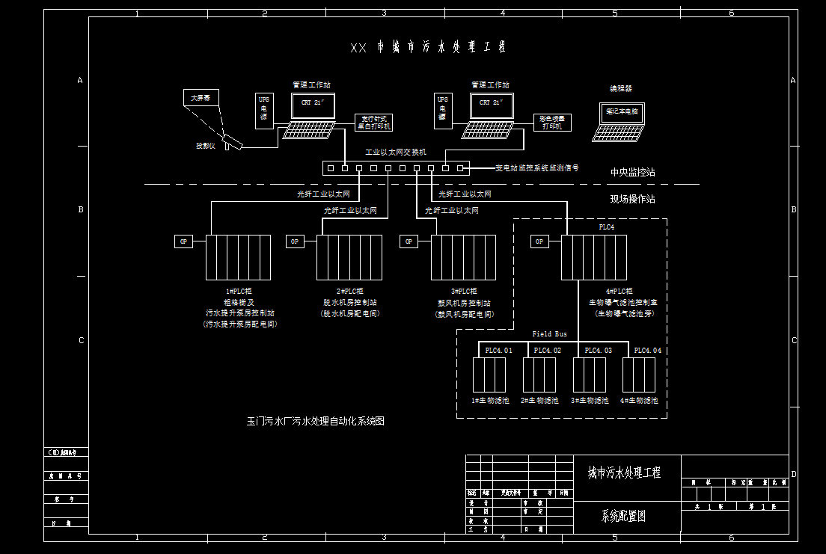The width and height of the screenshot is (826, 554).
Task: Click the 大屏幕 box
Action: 199,98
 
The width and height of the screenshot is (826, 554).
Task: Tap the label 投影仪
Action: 206,146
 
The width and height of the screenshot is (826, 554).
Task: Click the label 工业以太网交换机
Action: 396,152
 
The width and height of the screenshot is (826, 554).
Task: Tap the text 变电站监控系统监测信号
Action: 537,168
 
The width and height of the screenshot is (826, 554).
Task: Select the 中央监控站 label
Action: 632,172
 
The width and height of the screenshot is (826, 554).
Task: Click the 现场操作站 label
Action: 632,199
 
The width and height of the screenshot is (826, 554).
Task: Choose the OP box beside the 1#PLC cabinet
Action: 183,241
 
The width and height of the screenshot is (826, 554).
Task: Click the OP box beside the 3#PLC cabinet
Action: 409,241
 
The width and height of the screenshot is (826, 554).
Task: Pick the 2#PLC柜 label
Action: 349,291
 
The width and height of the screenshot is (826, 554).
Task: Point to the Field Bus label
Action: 549,334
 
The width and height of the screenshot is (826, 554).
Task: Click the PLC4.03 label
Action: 598,351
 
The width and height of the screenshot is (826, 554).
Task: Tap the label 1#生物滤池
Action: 489,401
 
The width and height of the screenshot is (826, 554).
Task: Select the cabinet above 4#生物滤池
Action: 639,375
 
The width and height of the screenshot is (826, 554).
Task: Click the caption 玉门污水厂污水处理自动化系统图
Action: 316,421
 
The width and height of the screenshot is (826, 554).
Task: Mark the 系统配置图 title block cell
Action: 622,516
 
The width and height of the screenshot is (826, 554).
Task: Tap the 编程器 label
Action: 620,88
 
